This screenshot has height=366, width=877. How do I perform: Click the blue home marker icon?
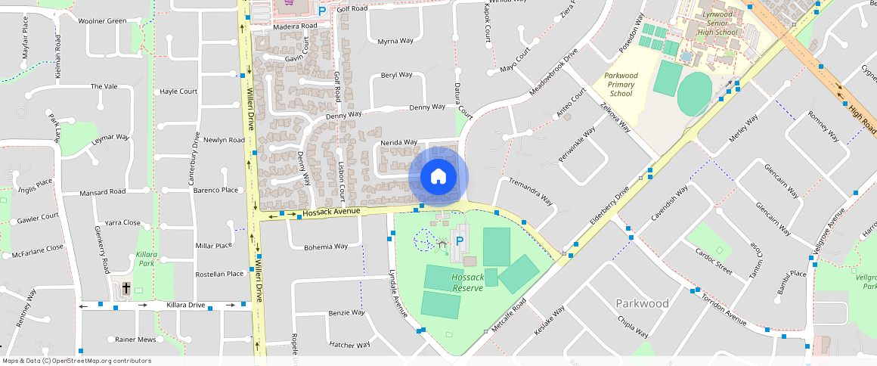pyautogui.click(x=438, y=177)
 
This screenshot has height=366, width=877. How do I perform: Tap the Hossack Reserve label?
pyautogui.click(x=467, y=283)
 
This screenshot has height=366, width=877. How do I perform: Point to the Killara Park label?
pyautogui.click(x=145, y=259)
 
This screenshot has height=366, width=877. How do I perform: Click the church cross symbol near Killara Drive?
pyautogui.click(x=126, y=288)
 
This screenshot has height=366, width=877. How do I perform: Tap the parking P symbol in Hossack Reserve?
pyautogui.click(x=459, y=242)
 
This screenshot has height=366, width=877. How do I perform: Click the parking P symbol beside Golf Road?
pyautogui.click(x=322, y=11)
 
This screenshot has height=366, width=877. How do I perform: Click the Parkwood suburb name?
pyautogui.click(x=642, y=303)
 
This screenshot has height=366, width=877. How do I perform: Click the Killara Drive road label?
pyautogui.click(x=185, y=305)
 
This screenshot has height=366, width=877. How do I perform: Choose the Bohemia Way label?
pyautogui.click(x=326, y=247)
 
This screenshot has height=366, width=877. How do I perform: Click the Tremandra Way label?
pyautogui.click(x=531, y=192)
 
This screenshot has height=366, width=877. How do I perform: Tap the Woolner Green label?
pyautogui.click(x=103, y=20)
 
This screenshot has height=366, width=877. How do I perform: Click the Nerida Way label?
pyautogui.click(x=398, y=142)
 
